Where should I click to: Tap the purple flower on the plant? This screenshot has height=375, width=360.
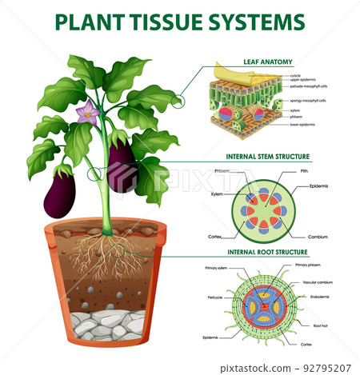pos(87,114)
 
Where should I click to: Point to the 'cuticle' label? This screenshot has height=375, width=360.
pos(296,75)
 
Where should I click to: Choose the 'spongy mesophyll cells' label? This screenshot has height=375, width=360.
pos(307,101)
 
